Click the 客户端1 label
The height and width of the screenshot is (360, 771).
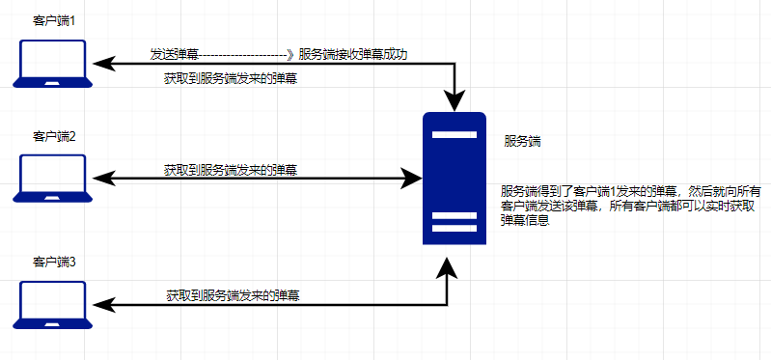point(54,19)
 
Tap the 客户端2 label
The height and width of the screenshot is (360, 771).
point(54,136)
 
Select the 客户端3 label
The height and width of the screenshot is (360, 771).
point(54,262)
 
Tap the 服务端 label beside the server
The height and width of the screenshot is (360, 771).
point(522,141)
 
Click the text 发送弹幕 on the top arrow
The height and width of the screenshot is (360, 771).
point(174,54)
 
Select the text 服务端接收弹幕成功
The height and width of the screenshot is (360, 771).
point(353,54)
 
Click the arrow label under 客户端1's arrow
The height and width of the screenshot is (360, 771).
point(230,79)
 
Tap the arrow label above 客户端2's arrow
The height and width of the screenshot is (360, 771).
point(230,170)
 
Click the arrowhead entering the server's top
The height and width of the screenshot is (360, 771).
point(454,102)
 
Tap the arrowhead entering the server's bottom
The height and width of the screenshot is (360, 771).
point(447,266)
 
